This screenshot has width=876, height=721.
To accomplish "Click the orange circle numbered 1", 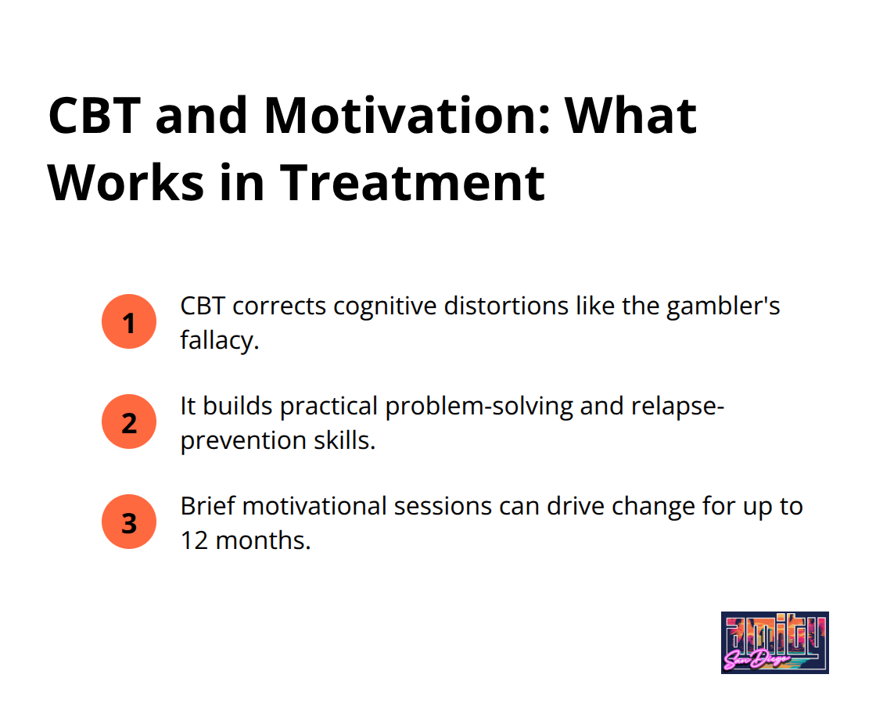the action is pyautogui.click(x=129, y=321).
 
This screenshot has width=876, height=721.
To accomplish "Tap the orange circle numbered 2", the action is pyautogui.click(x=129, y=421).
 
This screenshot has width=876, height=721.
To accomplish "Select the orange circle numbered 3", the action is pyautogui.click(x=129, y=522).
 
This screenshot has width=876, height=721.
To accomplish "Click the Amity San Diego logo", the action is pyautogui.click(x=775, y=642).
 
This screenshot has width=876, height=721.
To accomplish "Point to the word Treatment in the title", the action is pyautogui.click(x=411, y=183).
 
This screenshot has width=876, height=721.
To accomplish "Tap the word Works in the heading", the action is pyautogui.click(x=126, y=183).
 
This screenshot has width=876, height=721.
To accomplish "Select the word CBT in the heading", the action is pyautogui.click(x=94, y=116).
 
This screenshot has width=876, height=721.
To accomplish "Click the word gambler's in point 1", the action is pyautogui.click(x=723, y=306).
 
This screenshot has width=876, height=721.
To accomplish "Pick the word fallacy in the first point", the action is pyautogui.click(x=217, y=340).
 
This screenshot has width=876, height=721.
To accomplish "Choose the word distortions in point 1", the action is pyautogui.click(x=506, y=306).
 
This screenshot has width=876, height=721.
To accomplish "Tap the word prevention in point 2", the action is pyautogui.click(x=243, y=440).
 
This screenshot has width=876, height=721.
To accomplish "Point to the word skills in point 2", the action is pyautogui.click(x=341, y=440).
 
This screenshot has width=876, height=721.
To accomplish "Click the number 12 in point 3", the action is pyautogui.click(x=194, y=540).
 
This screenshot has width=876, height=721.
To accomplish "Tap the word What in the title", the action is pyautogui.click(x=630, y=116).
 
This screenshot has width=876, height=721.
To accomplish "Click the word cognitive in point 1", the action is pyautogui.click(x=385, y=306).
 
